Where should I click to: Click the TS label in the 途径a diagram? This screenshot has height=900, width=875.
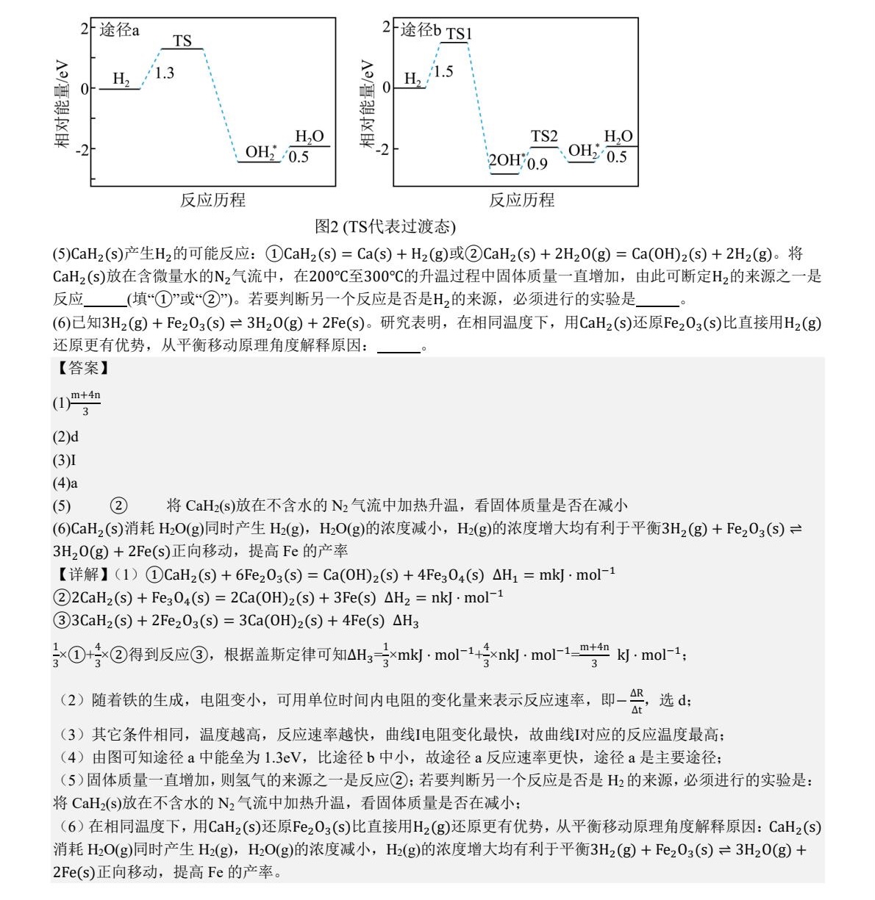(x=182, y=41)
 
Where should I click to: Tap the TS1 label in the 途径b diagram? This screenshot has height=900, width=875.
(x=458, y=34)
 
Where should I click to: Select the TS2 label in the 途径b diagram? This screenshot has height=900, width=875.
(x=544, y=136)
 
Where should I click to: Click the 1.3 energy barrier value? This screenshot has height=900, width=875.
(x=165, y=73)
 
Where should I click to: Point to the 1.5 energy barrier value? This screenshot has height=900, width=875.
(x=443, y=71)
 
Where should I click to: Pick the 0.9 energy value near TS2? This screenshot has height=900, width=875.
(x=537, y=164)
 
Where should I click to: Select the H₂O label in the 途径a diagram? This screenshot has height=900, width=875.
(x=309, y=137)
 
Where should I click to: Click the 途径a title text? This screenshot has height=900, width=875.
(x=119, y=30)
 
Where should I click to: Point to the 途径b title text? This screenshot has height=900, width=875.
(x=421, y=30)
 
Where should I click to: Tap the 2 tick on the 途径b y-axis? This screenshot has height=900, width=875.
(x=386, y=28)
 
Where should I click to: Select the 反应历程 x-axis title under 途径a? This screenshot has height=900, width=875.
(x=213, y=200)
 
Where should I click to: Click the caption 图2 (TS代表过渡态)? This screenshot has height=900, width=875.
(x=385, y=226)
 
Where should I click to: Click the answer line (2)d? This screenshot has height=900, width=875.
(x=65, y=437)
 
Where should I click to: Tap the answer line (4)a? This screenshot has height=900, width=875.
(x=65, y=483)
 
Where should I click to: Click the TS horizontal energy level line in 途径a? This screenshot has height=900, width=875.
(x=182, y=49)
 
